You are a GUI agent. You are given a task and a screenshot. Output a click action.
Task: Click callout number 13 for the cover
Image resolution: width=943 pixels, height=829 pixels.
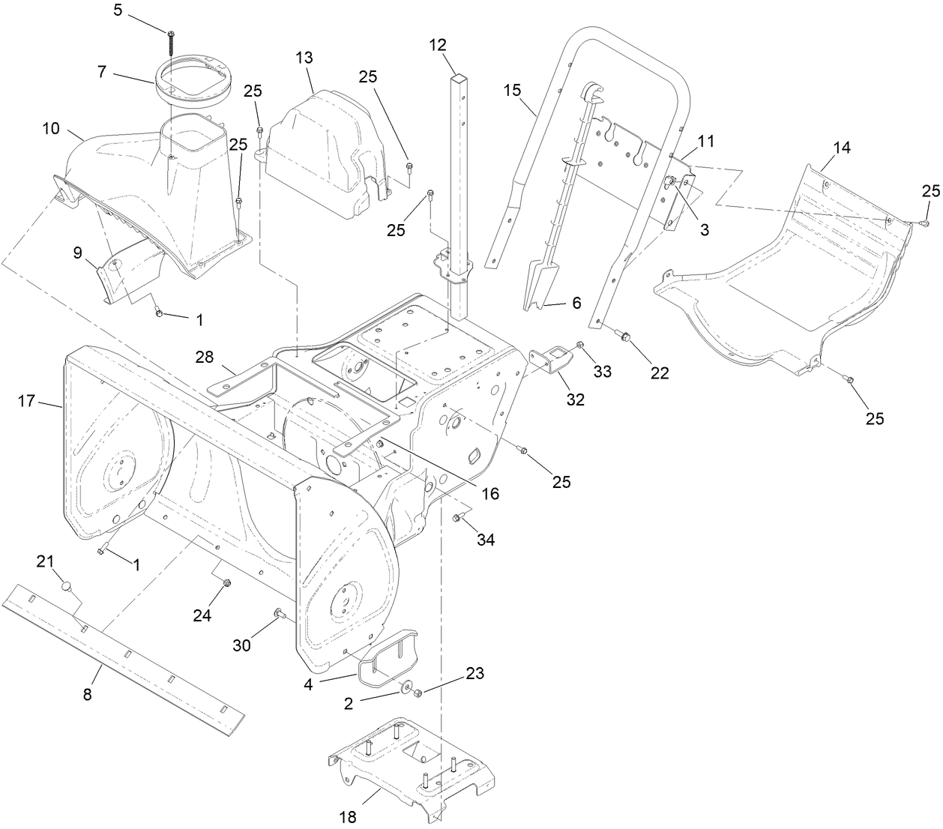pos(304,58)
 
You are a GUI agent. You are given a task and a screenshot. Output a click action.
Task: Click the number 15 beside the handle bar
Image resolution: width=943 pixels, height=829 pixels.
pos(511,91)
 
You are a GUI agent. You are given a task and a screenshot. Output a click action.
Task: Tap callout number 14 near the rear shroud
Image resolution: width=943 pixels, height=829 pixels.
pos(842,148)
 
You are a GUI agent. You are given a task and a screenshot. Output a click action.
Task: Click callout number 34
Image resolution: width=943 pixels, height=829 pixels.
pos(486,540)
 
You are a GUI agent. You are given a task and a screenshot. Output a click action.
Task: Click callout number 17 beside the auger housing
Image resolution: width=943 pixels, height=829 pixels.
pos(26,402)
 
